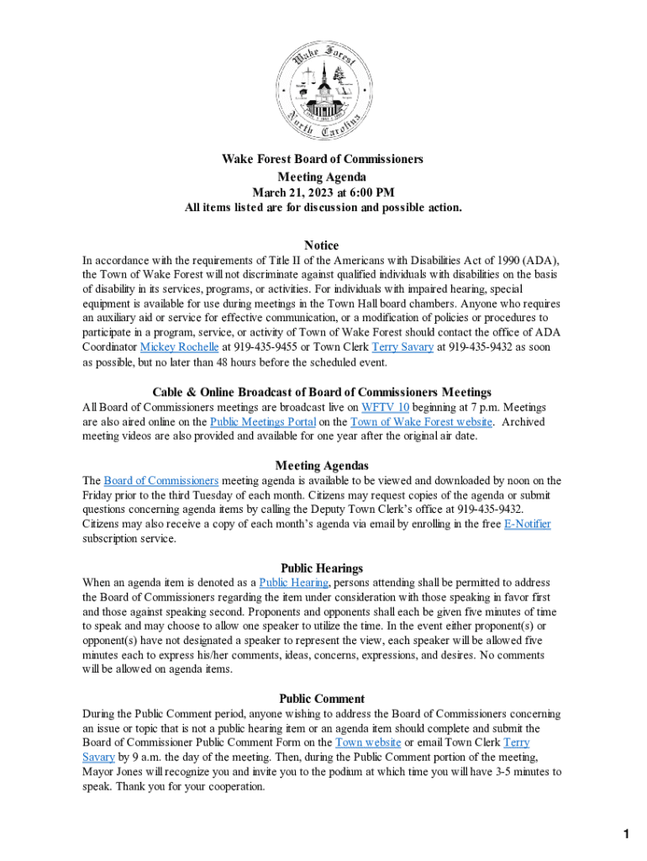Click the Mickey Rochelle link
pyautogui.click(x=179, y=346)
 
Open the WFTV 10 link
pyautogui.click(x=385, y=408)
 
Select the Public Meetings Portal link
pyautogui.click(x=263, y=422)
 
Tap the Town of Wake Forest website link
pyautogui.click(x=421, y=422)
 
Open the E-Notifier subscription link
pyautogui.click(x=527, y=524)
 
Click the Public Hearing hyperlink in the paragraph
pyautogui.click(x=294, y=583)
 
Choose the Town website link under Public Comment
pyautogui.click(x=368, y=742)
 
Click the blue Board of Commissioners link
pyautogui.click(x=161, y=481)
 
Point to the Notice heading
pyautogui.click(x=322, y=246)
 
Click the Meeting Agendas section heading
pyautogui.click(x=322, y=465)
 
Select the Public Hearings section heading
pyautogui.click(x=322, y=568)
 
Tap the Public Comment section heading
pyautogui.click(x=322, y=699)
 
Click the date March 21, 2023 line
pyautogui.click(x=323, y=193)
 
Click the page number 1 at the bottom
pyautogui.click(x=626, y=834)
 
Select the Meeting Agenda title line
pyautogui.click(x=322, y=177)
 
